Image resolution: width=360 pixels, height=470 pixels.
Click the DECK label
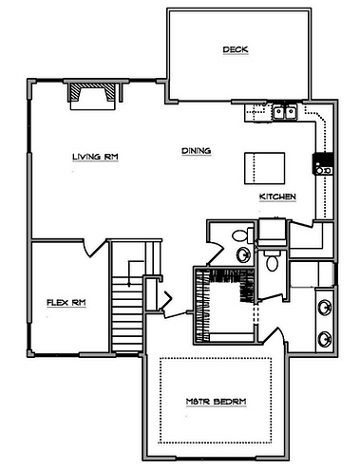click(236, 49)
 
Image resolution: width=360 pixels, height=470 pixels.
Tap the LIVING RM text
click(95, 157)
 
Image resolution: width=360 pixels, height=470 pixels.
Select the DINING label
click(197, 151)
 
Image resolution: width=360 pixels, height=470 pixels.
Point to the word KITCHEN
click(277, 197)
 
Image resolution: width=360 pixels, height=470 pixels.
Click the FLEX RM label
click(66, 303)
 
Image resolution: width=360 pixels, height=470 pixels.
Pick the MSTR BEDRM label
click(216, 402)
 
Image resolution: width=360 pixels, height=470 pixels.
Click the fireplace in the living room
click(92, 97)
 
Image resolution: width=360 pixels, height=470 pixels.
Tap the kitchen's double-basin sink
click(285, 112)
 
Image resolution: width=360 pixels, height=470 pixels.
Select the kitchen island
click(264, 168)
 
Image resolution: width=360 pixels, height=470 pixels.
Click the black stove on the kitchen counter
click(323, 163)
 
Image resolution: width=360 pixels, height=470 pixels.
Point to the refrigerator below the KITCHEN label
click(273, 231)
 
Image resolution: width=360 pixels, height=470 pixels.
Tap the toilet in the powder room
click(242, 235)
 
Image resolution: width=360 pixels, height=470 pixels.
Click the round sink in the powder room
click(244, 254)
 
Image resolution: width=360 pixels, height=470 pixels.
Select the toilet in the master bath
click(272, 260)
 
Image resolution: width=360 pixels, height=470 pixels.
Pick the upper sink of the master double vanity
click(325, 307)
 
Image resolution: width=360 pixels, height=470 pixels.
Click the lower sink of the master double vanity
click(325, 339)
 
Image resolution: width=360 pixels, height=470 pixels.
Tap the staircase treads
click(127, 313)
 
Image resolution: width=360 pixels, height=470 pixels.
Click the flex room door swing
click(94, 248)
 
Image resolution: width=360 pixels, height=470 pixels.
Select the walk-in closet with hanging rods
click(224, 305)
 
